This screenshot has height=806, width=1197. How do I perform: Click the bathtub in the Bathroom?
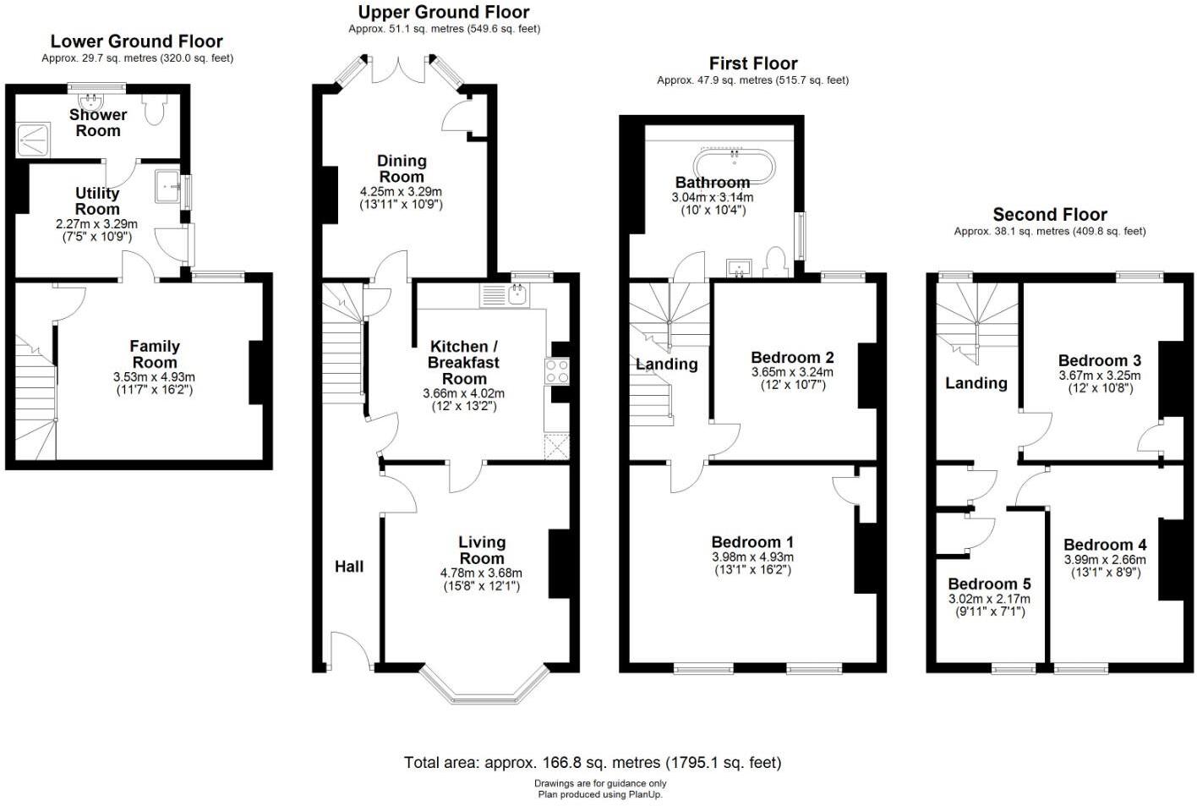tap(734, 165)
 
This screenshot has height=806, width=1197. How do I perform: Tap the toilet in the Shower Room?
tap(155, 109)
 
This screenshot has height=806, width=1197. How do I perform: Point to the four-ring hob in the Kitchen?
tap(557, 371)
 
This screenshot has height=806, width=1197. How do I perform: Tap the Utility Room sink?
tap(167, 187)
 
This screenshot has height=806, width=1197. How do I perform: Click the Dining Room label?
tap(402, 168)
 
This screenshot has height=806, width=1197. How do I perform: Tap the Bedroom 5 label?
tap(989, 584)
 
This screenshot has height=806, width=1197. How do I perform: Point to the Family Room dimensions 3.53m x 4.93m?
tap(154, 377)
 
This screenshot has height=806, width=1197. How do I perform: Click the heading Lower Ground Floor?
tap(136, 41)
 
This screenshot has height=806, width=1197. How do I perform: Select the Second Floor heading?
tap(1049, 214)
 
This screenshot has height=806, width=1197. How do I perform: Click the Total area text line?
tap(592, 762)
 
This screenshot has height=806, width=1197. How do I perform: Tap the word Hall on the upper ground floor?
tap(349, 566)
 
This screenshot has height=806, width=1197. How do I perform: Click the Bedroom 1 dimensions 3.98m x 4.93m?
tap(752, 557)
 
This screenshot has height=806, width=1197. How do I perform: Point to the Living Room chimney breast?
tap(559, 563)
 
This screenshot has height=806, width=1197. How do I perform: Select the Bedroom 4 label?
tap(1104, 545)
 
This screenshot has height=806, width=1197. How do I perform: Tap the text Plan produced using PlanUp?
tap(599, 794)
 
